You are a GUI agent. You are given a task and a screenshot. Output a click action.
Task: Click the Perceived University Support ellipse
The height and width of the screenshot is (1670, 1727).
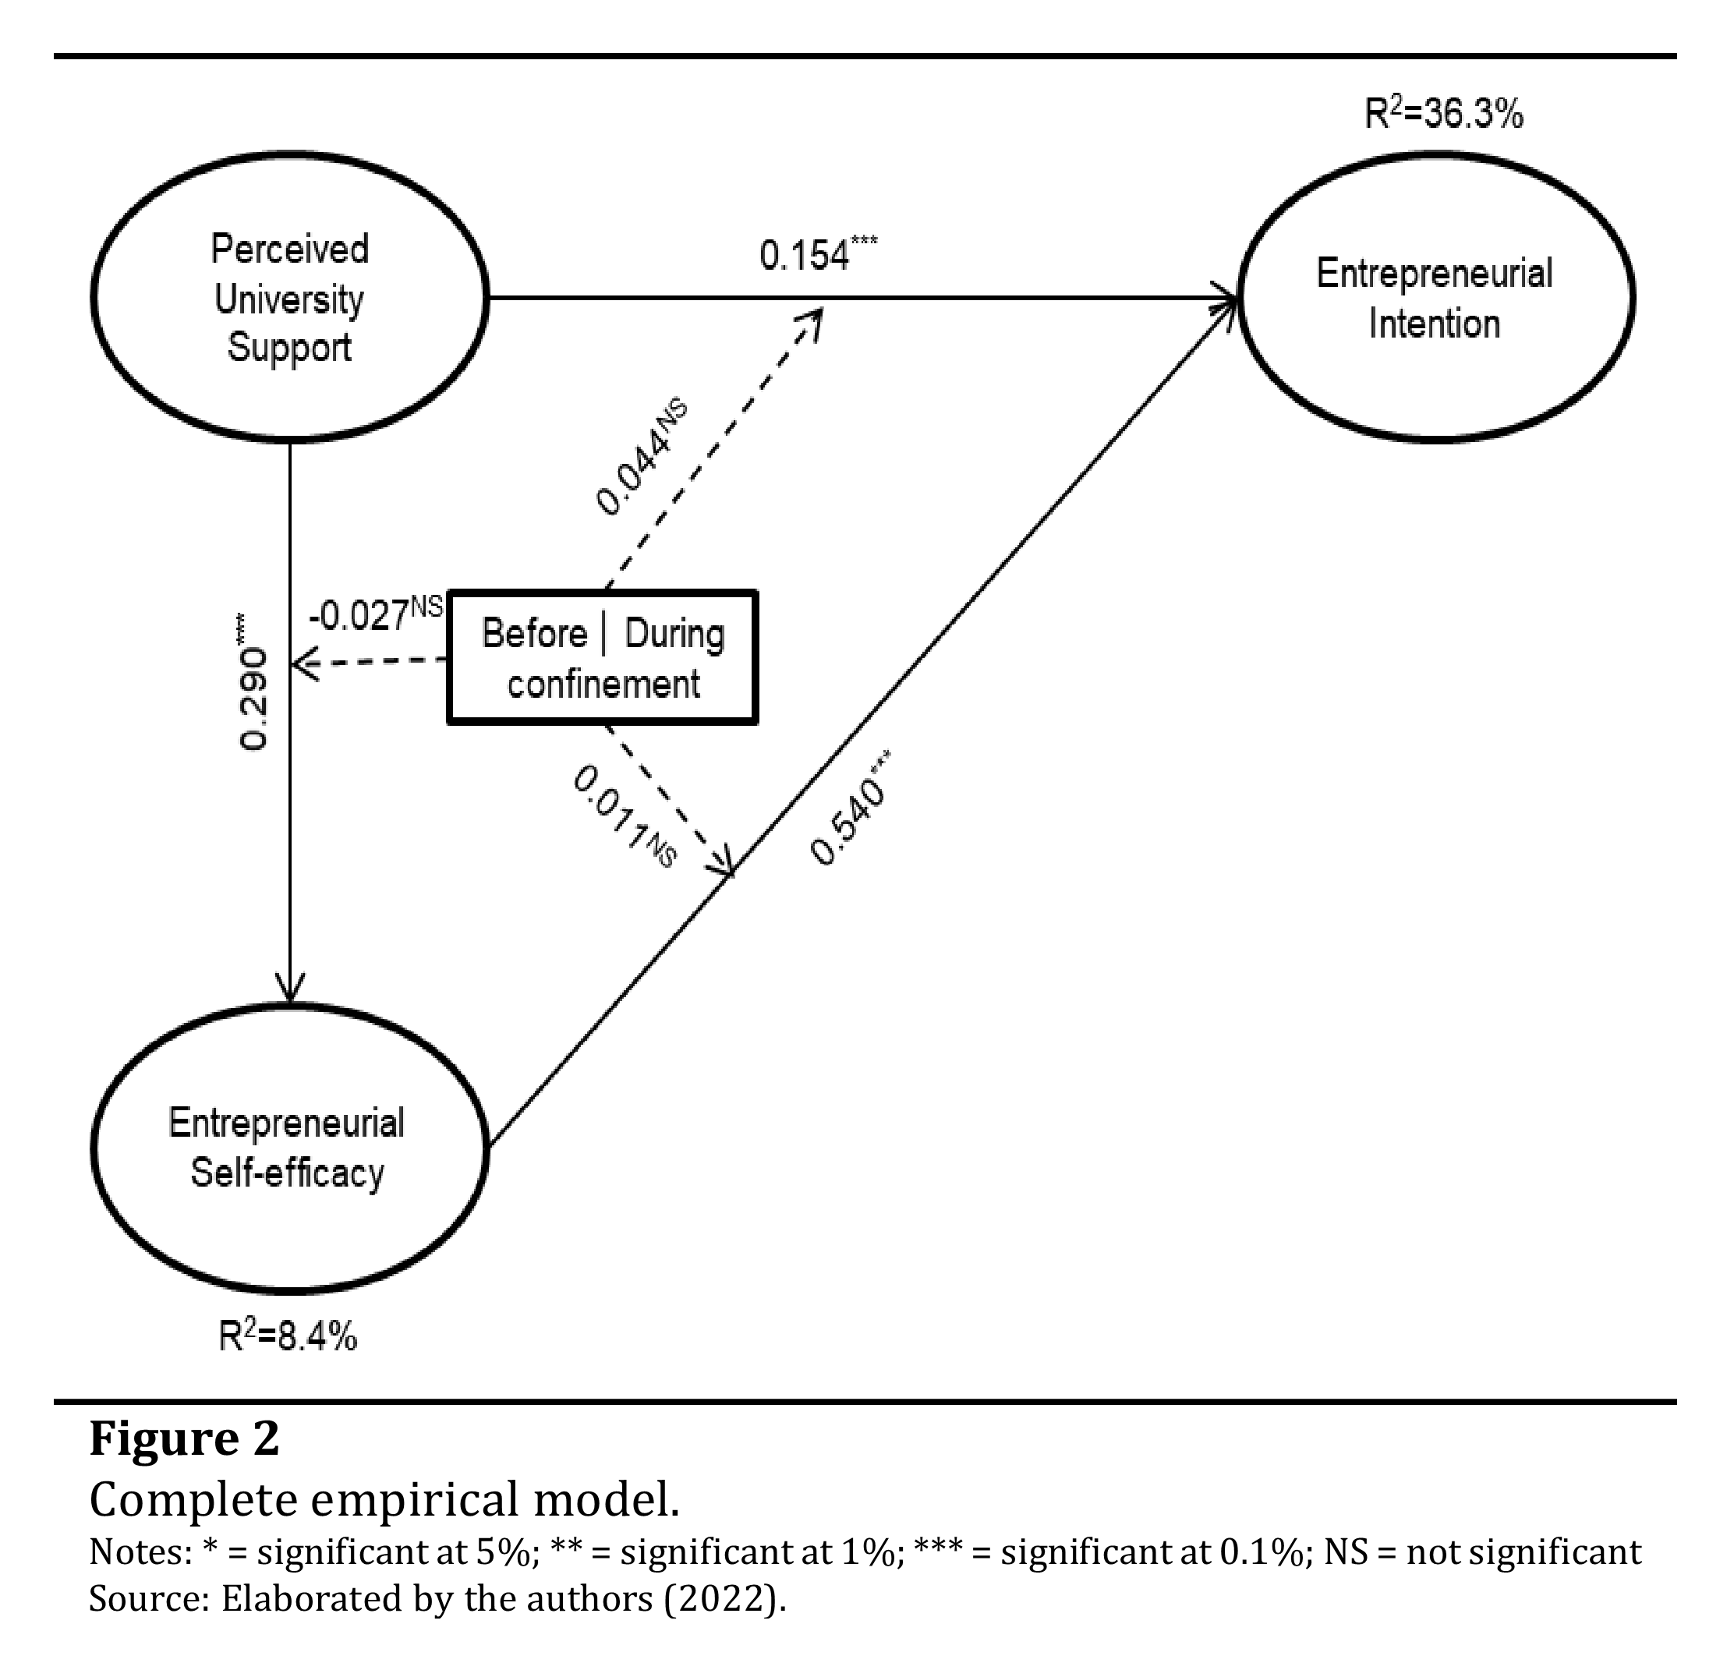(x=289, y=298)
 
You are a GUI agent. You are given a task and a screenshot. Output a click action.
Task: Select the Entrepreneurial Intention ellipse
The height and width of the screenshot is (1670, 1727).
(x=1435, y=298)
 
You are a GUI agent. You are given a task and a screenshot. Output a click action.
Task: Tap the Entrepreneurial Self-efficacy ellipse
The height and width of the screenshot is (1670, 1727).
(x=289, y=1148)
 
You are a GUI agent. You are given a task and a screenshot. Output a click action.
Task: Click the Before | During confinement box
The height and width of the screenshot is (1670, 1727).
(x=603, y=658)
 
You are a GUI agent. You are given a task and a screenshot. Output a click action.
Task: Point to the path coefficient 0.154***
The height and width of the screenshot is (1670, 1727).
(x=817, y=255)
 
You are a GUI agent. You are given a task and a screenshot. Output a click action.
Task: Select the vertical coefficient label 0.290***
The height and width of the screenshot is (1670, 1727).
(x=252, y=683)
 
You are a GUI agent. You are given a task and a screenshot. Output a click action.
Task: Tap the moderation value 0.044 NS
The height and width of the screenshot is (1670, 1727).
(x=641, y=458)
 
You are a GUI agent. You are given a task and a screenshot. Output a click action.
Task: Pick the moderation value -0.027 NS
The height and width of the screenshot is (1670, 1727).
(x=375, y=614)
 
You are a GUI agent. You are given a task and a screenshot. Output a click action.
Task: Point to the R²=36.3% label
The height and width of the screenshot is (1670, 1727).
(x=1443, y=115)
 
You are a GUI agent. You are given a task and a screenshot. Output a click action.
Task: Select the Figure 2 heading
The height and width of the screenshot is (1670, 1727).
(x=184, y=1439)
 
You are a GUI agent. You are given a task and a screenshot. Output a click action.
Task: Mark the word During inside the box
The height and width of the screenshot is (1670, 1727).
(x=674, y=634)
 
